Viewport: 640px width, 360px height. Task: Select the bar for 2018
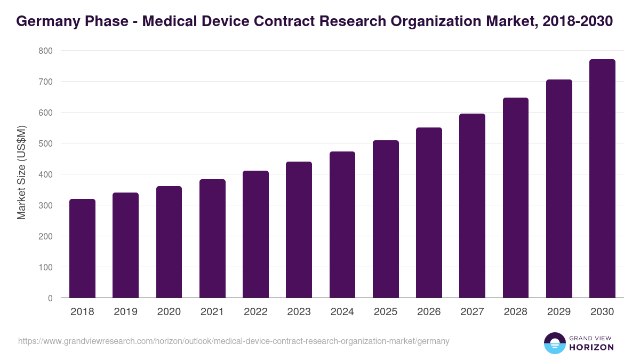[82, 249]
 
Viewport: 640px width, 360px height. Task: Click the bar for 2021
[212, 238]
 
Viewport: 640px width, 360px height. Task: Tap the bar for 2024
[342, 225]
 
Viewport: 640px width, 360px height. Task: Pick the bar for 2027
[472, 206]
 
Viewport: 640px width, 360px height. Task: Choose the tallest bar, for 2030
[602, 179]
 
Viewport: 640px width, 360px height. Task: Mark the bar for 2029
[559, 189]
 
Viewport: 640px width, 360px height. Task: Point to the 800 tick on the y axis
[45, 51]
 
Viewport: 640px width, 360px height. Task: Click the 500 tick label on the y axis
[45, 143]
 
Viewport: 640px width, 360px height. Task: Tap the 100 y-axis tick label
[45, 267]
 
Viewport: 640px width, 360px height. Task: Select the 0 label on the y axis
[50, 298]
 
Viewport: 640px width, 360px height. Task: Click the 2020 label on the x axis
[169, 312]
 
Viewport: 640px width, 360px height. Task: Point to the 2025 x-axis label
[386, 312]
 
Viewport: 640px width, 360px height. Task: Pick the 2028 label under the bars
[516, 312]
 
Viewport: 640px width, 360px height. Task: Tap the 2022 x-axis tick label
[255, 312]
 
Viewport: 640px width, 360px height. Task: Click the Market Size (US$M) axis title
[21, 173]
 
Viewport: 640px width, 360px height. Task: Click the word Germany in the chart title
[45, 21]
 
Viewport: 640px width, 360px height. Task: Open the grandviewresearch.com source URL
[234, 341]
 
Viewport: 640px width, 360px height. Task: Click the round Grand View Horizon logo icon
[555, 343]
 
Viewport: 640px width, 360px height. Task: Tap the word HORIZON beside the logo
[592, 347]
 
